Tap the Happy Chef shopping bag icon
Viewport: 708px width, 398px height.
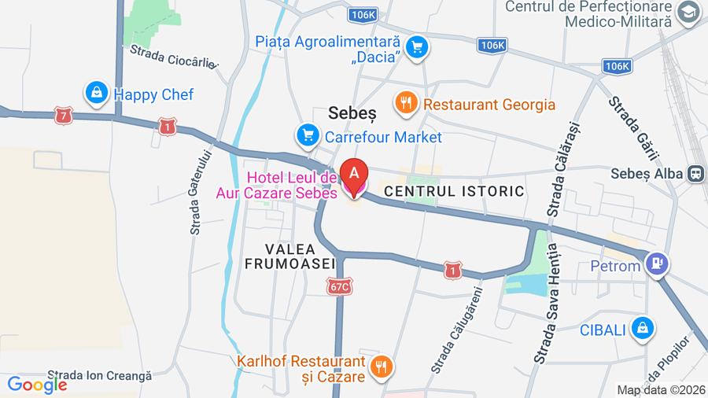pos(96,94)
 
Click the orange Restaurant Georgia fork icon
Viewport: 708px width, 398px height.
pos(406,103)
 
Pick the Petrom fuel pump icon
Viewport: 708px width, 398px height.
pos(657,265)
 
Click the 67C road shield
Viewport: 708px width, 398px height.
pos(339,288)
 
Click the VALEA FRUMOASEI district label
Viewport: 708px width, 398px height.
pos(290,256)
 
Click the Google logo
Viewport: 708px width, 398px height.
pos(36,385)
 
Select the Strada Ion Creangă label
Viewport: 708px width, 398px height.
pos(99,376)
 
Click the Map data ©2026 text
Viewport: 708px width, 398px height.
pos(659,389)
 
